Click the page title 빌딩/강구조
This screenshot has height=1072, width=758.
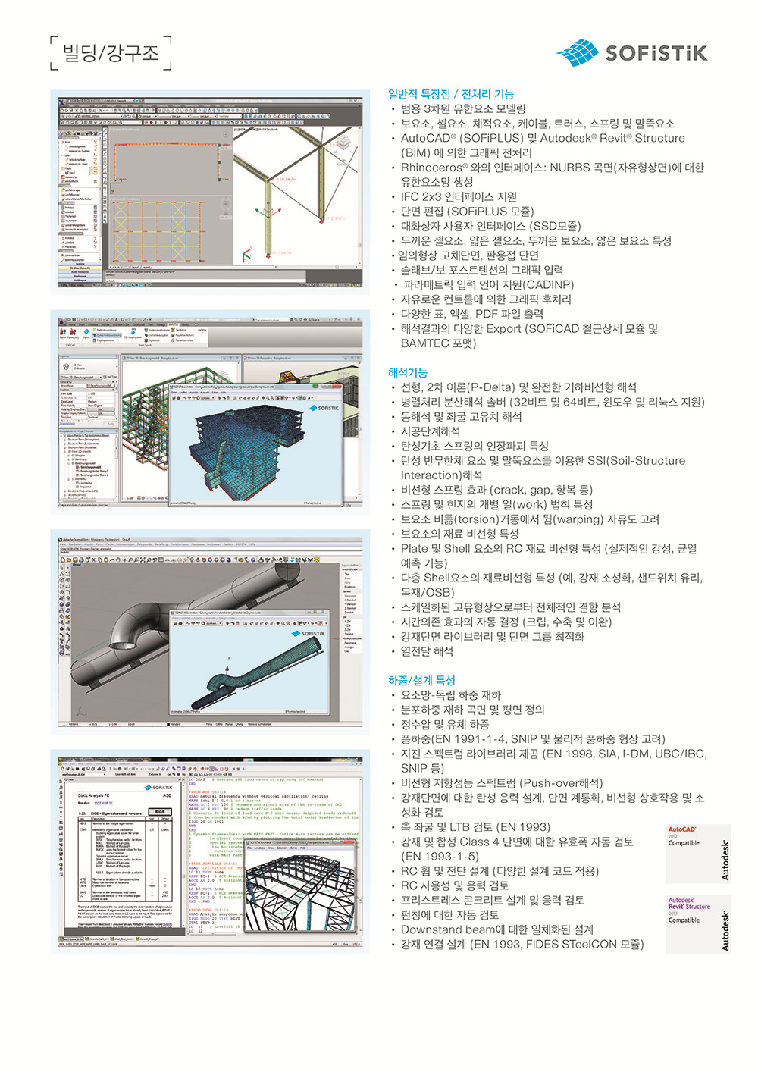[x=111, y=53]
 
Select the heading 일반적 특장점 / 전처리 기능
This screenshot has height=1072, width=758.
[x=451, y=94]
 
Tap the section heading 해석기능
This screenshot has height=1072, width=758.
[x=408, y=372]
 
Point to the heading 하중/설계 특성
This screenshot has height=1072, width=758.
[x=421, y=680]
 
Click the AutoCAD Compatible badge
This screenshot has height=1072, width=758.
[x=697, y=853]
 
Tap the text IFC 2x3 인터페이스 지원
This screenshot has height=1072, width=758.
[x=459, y=197]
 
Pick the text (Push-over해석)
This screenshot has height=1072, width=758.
[x=561, y=783]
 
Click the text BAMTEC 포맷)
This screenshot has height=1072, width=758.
[x=438, y=343]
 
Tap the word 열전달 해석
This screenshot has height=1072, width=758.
[x=427, y=651]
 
